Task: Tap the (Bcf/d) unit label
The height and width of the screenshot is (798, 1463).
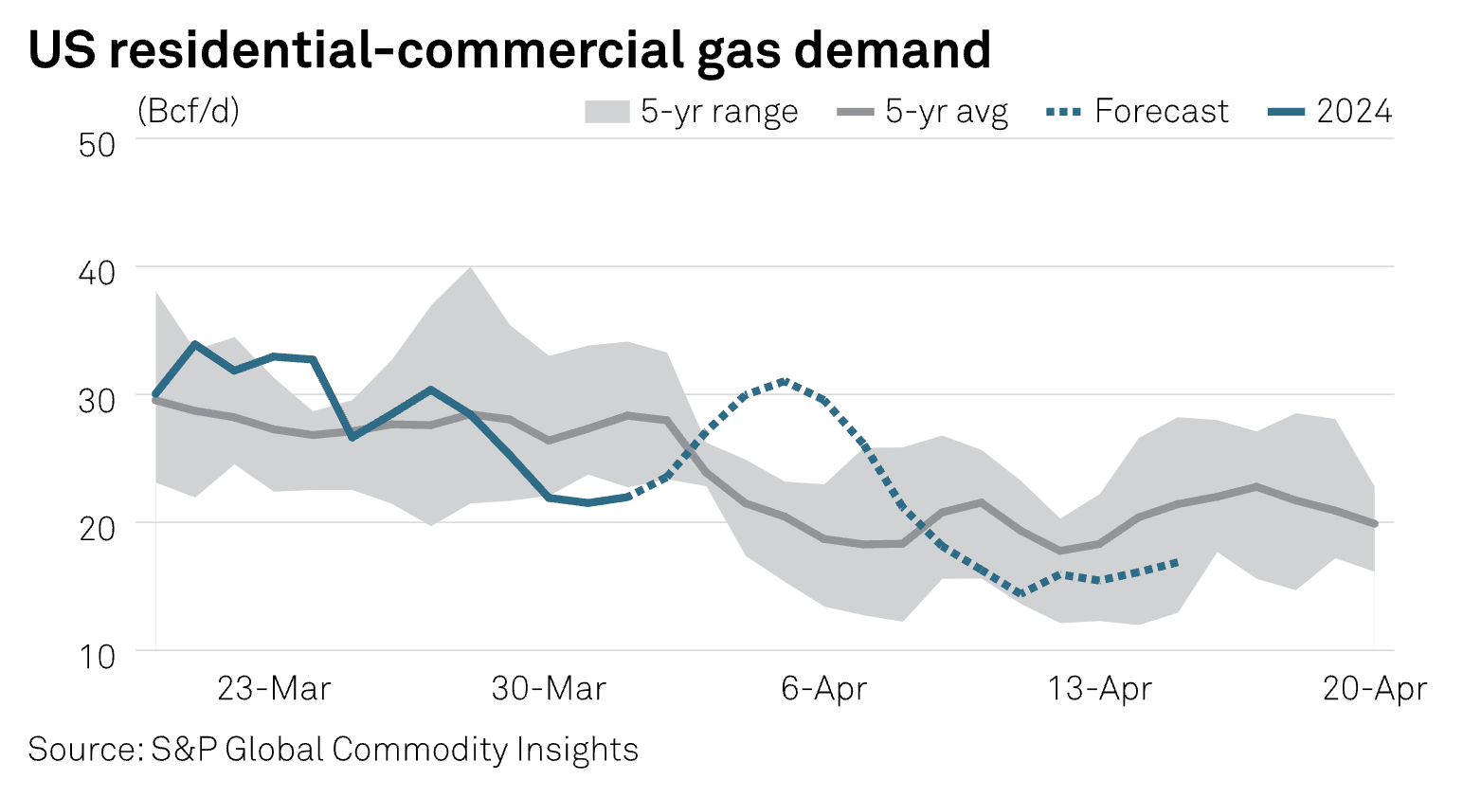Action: tap(189, 111)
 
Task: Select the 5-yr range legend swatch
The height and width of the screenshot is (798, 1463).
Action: tap(606, 112)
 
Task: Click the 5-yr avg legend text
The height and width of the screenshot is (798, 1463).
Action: tap(947, 112)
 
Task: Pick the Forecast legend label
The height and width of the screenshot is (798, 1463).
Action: tap(1162, 112)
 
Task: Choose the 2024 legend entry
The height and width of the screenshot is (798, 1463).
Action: tap(1354, 112)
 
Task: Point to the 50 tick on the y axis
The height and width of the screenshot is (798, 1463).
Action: tap(97, 145)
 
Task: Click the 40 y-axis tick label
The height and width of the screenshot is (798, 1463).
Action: tap(97, 273)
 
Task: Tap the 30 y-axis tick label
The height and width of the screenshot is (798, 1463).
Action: tap(97, 400)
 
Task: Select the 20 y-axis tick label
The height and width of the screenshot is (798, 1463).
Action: tap(97, 528)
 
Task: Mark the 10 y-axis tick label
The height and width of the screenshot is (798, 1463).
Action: tap(97, 656)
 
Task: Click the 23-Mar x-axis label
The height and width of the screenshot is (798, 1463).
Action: tap(274, 688)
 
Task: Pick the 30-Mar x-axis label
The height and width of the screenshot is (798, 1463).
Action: tap(549, 688)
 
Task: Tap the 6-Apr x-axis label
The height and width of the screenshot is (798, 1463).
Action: tap(823, 688)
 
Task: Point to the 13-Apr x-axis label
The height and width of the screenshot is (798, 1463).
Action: tap(1099, 688)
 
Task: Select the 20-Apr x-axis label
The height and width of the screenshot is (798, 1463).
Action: tap(1374, 688)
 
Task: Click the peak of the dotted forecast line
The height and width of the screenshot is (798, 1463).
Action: tap(784, 381)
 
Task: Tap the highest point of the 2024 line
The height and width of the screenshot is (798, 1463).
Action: tap(194, 344)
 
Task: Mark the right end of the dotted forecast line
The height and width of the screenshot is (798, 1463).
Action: tap(1177, 562)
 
